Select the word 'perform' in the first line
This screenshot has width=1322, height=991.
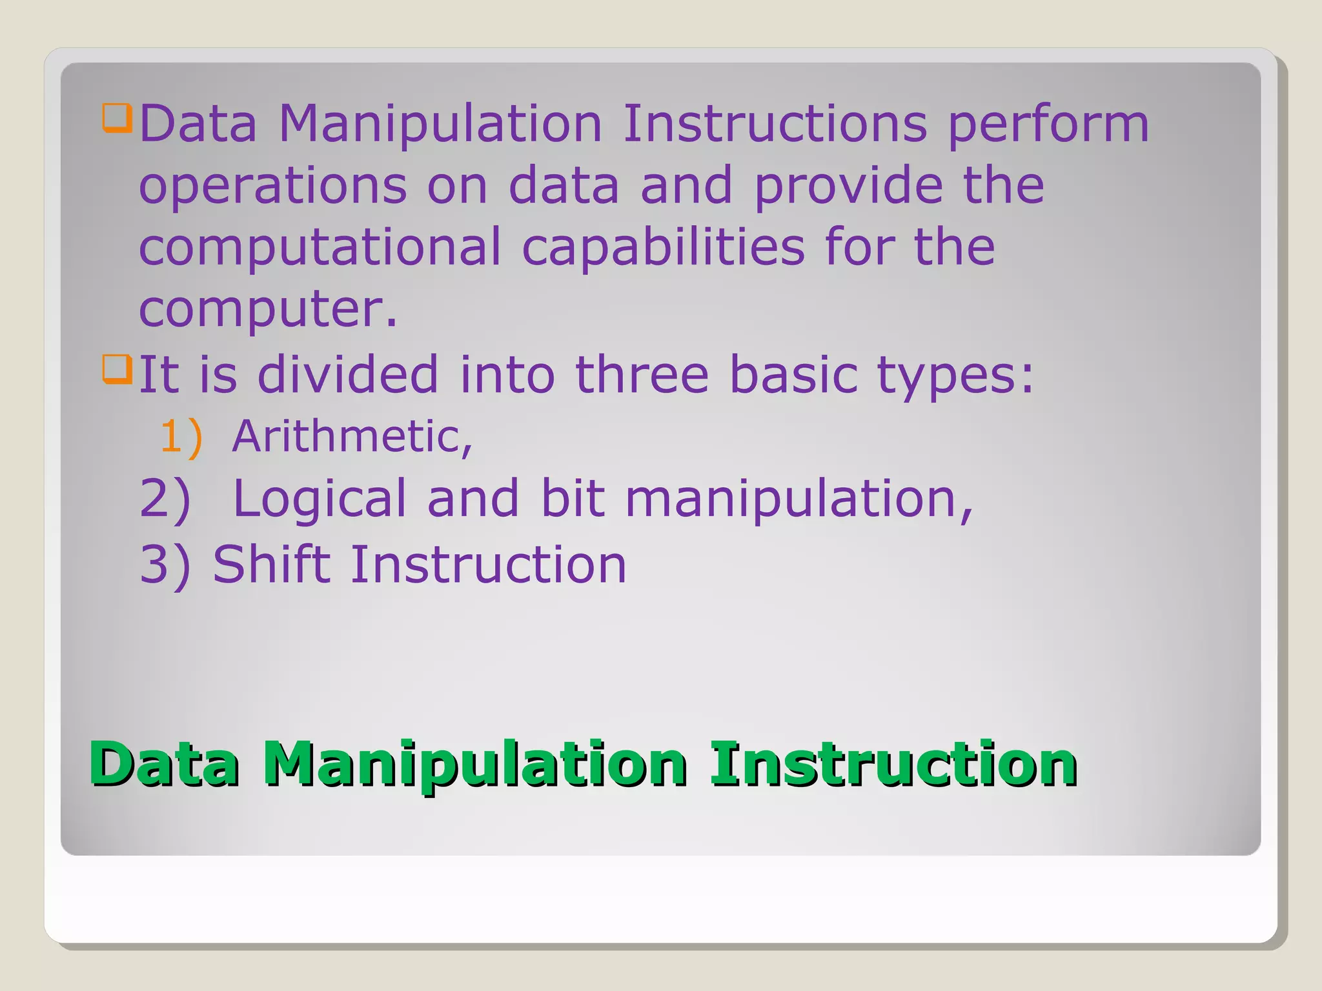click(x=1048, y=125)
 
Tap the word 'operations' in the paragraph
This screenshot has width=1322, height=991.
click(x=272, y=186)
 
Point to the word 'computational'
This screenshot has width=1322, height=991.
click(x=320, y=248)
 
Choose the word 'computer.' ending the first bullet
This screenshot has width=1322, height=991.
click(x=268, y=310)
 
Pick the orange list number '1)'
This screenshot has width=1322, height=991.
click(x=181, y=437)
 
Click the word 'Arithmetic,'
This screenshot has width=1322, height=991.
click(x=352, y=437)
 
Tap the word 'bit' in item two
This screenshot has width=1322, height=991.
click(x=573, y=498)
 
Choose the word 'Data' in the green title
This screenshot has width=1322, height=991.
click(x=164, y=764)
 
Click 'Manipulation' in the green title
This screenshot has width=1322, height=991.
click(x=474, y=765)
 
